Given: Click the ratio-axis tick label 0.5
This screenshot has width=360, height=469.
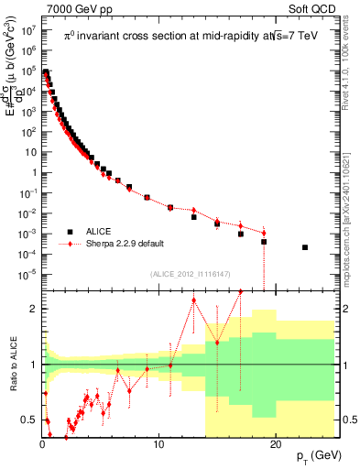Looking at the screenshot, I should click(28, 420).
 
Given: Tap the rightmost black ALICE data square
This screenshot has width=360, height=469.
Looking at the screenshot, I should click(305, 247).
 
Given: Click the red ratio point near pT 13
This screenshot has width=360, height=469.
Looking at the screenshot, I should click(193, 300).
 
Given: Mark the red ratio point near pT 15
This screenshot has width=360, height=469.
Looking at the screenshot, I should click(217, 343).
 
